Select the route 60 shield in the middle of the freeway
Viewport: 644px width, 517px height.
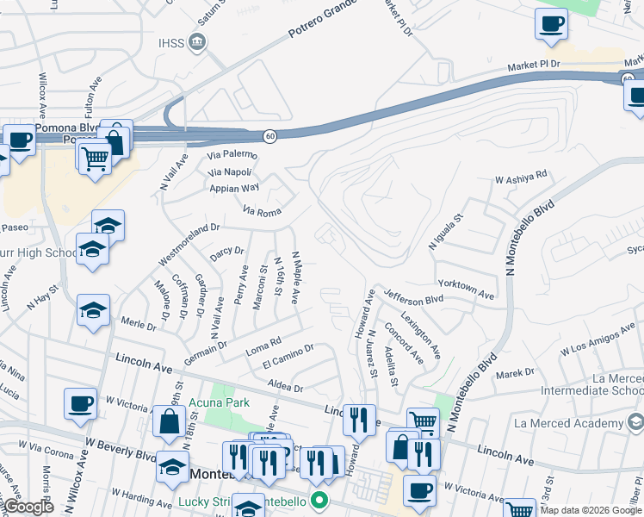(x=269, y=136)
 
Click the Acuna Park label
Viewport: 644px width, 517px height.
(x=225, y=402)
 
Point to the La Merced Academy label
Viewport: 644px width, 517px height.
(x=579, y=423)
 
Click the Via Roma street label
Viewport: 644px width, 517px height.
(x=263, y=209)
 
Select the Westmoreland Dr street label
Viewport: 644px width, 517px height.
(x=189, y=245)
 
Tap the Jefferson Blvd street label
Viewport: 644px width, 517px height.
(x=413, y=297)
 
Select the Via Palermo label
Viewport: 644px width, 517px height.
(x=232, y=155)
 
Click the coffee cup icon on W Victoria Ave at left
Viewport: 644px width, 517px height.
(x=80, y=402)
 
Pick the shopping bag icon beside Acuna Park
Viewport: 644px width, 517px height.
(x=170, y=420)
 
